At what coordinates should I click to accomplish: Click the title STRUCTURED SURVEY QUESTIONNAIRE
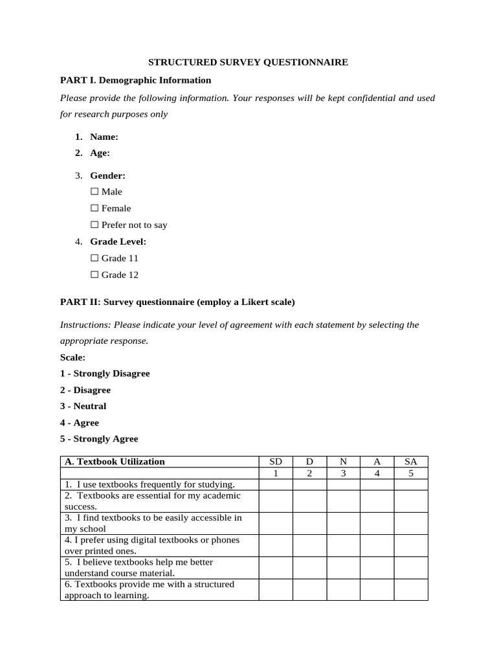[248, 62]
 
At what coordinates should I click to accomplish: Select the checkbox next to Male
[94, 192]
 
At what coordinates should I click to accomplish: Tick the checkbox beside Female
[94, 208]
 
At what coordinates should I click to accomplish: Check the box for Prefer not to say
[94, 225]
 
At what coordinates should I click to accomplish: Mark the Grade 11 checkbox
[94, 258]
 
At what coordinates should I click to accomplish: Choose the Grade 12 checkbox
[94, 275]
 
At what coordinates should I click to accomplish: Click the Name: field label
[104, 137]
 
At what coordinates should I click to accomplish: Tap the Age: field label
[100, 153]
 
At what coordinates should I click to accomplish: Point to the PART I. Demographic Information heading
[135, 80]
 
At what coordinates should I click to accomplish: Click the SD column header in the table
[276, 462]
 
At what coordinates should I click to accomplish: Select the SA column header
[411, 462]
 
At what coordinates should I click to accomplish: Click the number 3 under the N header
[343, 473]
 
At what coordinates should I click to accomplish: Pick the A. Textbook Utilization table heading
[115, 462]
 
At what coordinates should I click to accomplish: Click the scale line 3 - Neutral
[83, 407]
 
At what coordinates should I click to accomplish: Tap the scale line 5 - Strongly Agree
[99, 439]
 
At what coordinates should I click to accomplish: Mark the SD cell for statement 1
[276, 484]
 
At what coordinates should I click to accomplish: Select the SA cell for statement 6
[411, 590]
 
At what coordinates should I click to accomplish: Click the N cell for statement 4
[343, 545]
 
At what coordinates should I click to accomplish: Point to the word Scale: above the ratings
[72, 357]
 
